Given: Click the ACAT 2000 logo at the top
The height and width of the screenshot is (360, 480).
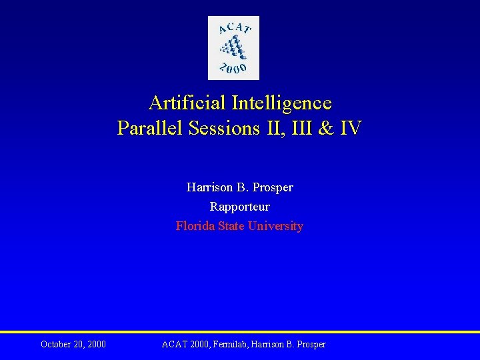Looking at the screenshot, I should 233,48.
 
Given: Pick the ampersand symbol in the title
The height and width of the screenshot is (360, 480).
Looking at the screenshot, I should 326,128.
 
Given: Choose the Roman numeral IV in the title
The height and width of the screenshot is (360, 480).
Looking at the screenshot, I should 351,128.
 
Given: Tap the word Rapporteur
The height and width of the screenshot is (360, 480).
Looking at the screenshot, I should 239,207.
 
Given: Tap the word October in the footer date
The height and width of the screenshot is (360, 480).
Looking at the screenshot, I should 56,345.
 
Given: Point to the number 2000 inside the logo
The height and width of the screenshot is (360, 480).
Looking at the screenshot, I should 233,67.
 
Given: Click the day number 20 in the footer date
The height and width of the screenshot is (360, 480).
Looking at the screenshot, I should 79,345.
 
